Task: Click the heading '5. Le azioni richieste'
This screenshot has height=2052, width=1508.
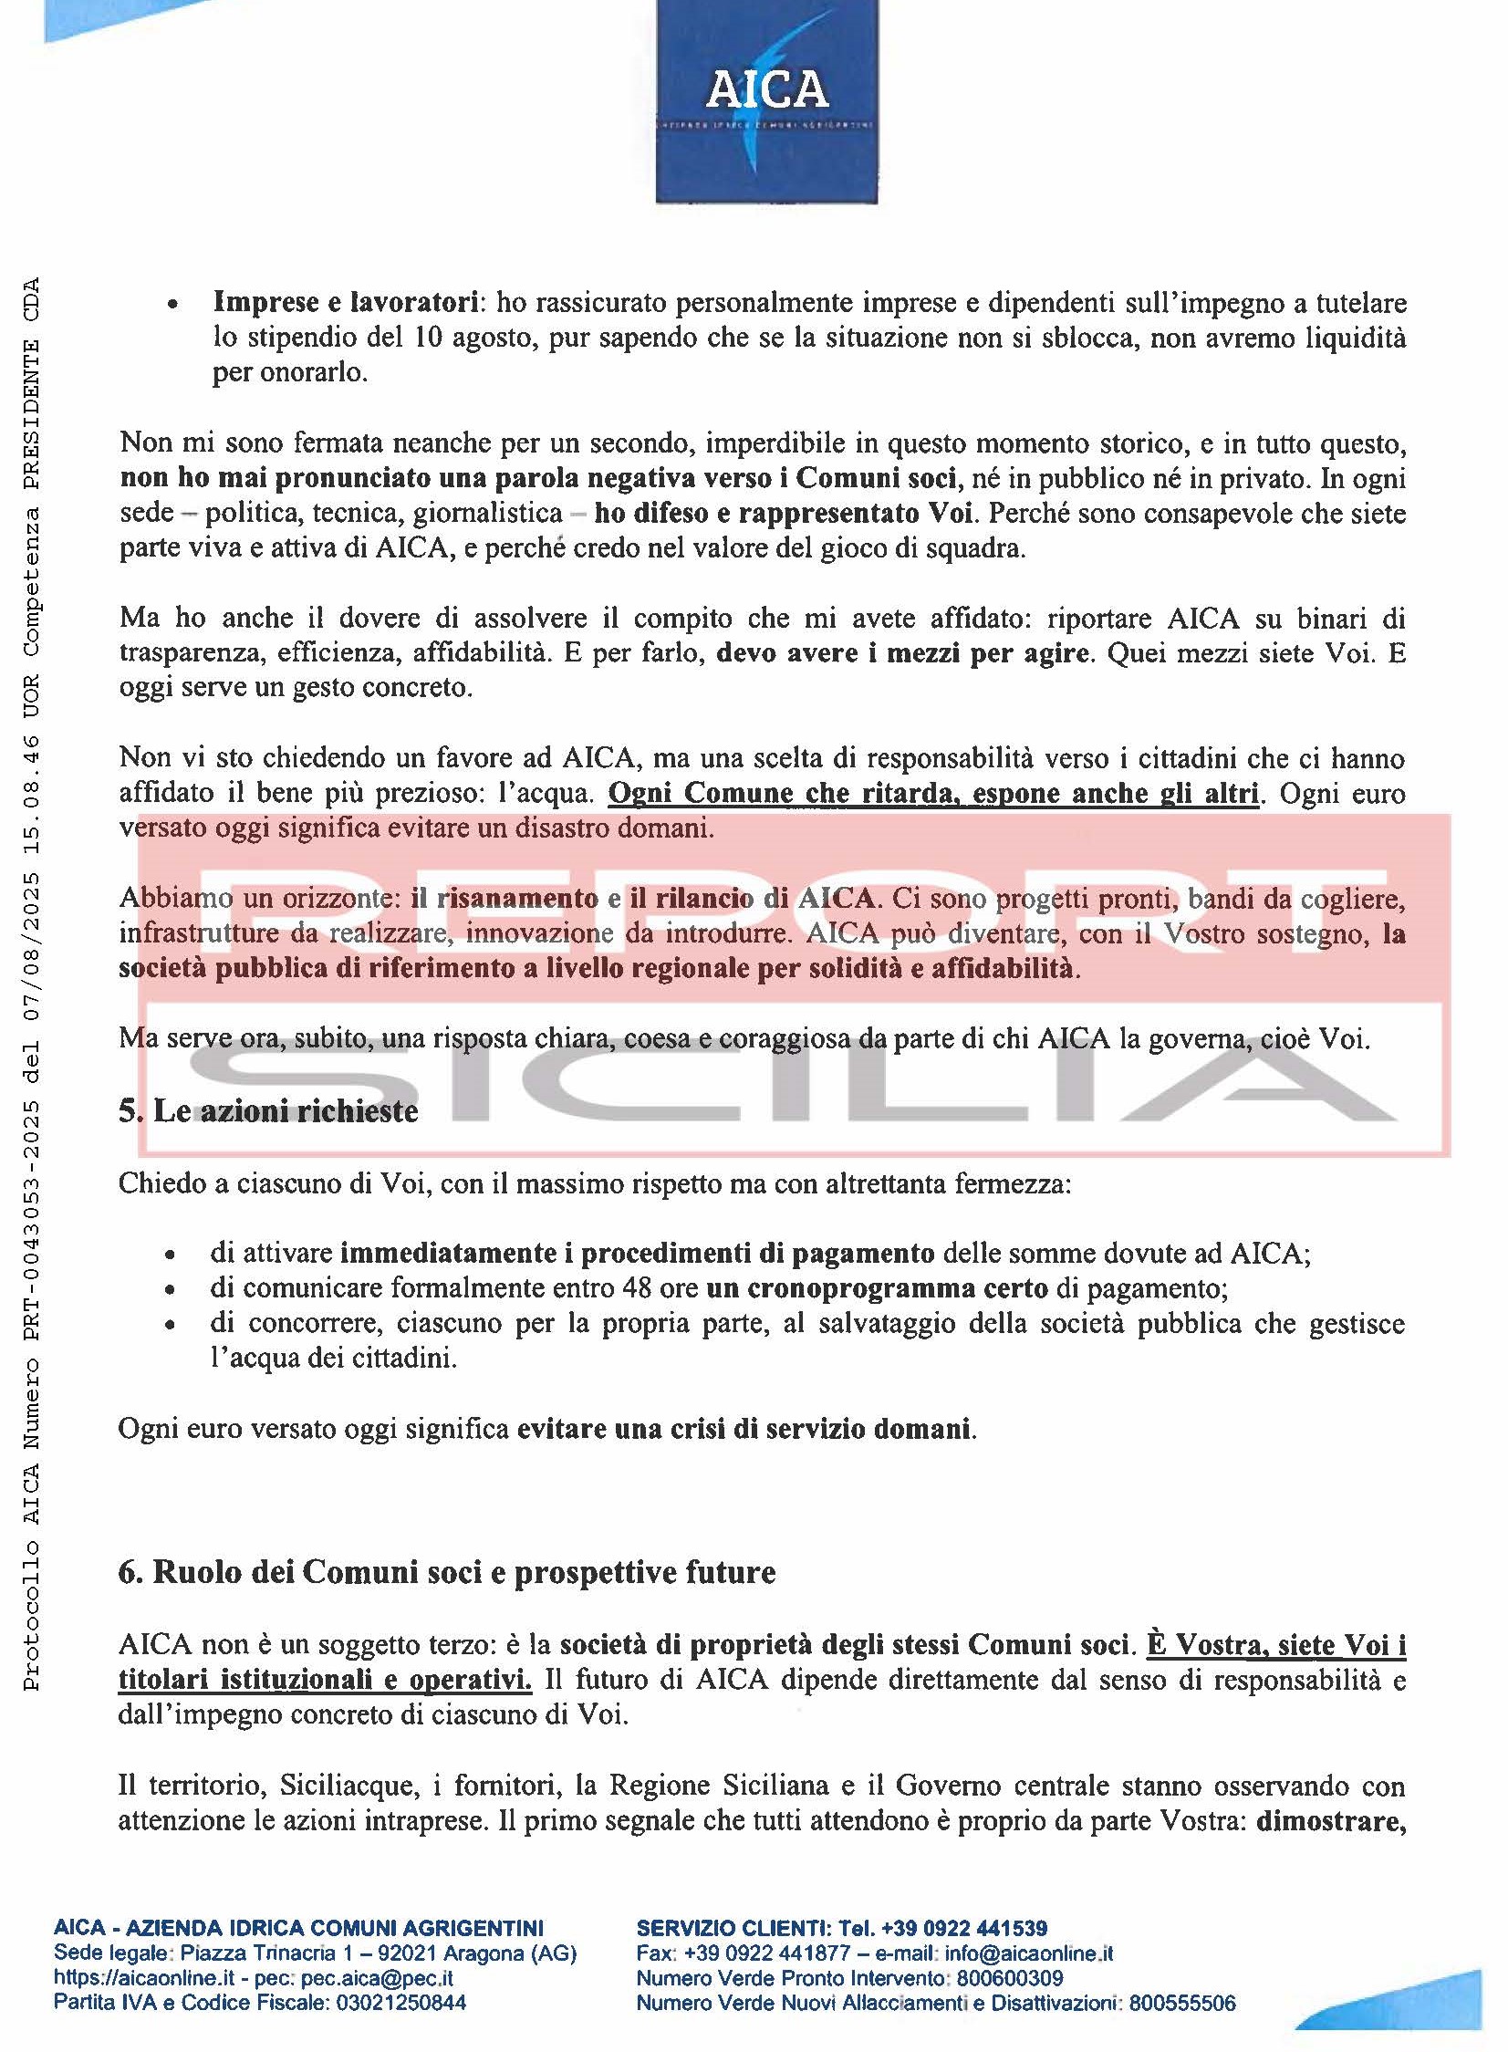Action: pos(268,1111)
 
